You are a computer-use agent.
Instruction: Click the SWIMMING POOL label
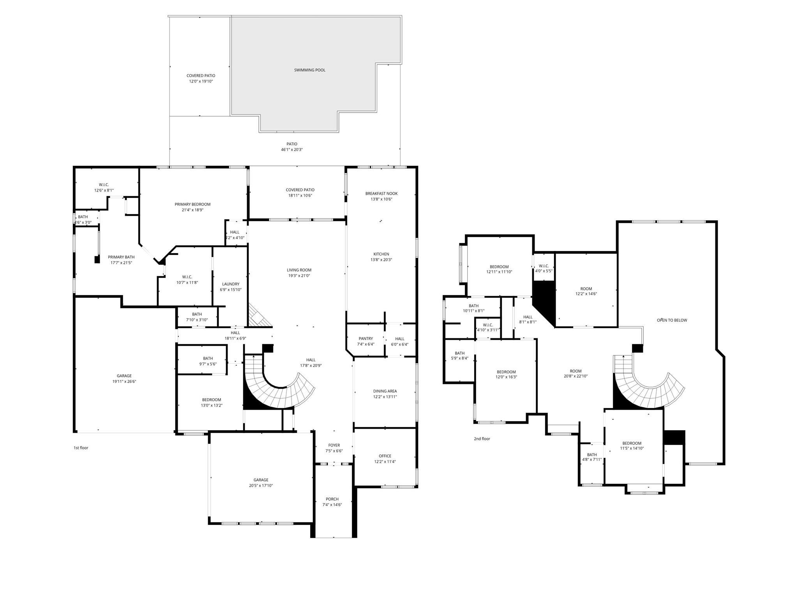(x=309, y=70)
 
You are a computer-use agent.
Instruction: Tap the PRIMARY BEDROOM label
(x=192, y=204)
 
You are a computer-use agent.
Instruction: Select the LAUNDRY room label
(x=231, y=284)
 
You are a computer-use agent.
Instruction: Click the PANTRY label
(x=365, y=339)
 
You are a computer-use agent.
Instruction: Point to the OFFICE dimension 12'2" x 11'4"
(x=385, y=462)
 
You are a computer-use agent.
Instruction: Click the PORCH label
(x=332, y=499)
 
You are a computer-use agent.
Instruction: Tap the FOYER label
(x=334, y=445)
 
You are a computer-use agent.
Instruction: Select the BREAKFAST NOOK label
(x=381, y=193)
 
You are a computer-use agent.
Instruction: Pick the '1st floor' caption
(x=81, y=448)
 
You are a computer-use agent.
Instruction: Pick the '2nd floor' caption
(x=482, y=439)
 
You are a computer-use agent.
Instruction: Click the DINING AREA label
(x=385, y=391)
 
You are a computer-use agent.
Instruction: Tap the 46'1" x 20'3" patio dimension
(x=292, y=149)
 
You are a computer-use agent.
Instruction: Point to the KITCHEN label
(x=381, y=254)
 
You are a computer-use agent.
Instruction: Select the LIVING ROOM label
(x=299, y=270)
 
